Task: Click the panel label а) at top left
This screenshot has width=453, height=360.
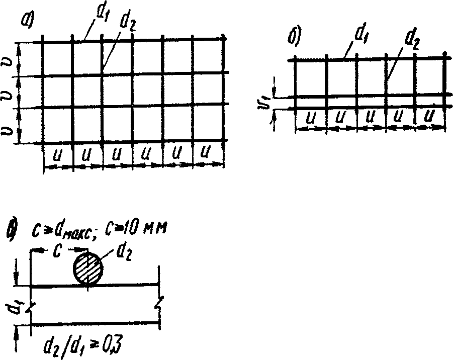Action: point(27,20)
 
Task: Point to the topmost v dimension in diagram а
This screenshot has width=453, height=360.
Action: point(9,60)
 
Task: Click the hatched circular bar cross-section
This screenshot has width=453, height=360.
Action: point(88,267)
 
